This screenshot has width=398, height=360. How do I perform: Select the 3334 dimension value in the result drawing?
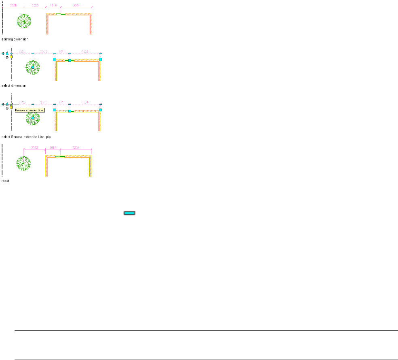[76, 148]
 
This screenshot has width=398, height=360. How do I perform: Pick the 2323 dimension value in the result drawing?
[34, 148]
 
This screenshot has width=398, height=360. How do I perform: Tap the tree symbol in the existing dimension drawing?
[24, 21]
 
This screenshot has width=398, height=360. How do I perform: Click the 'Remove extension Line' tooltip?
[30, 110]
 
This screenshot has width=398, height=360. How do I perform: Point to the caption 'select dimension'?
[14, 86]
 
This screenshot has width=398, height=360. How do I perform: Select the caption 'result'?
[6, 181]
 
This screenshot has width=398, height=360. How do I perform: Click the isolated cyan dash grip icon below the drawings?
[129, 212]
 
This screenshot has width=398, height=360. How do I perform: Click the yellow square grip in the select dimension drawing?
[11, 57]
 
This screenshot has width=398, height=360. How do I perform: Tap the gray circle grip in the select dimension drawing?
[7, 58]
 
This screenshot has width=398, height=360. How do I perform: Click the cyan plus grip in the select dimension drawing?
[3, 53]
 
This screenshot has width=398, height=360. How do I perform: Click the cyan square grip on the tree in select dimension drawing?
[33, 67]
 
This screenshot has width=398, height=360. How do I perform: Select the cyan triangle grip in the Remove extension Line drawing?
[7, 104]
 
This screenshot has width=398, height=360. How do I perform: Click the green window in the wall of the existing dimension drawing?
[61, 14]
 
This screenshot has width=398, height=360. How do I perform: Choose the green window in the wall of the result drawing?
[60, 156]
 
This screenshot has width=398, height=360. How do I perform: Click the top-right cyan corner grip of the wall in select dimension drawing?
[100, 59]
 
